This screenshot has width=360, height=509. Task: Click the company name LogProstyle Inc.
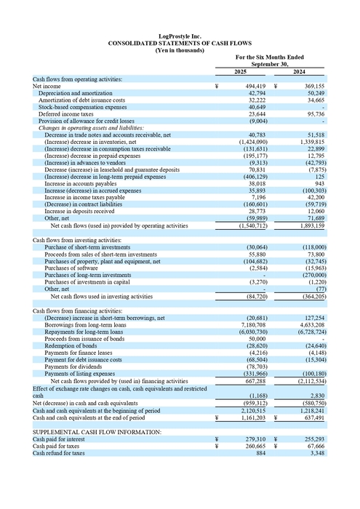(x=180, y=36)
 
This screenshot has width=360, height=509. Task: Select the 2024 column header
(x=299, y=71)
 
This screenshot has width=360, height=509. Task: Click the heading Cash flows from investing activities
(x=77, y=239)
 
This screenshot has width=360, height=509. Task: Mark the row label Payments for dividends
(x=74, y=367)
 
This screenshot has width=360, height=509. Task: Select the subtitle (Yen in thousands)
(x=180, y=49)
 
